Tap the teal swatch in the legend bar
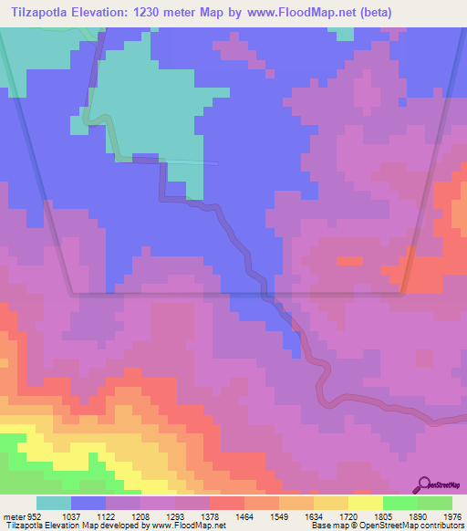[x=54, y=504]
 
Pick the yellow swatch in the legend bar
[x=365, y=504]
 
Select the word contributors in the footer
[x=437, y=526]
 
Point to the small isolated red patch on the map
[x=348, y=261]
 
